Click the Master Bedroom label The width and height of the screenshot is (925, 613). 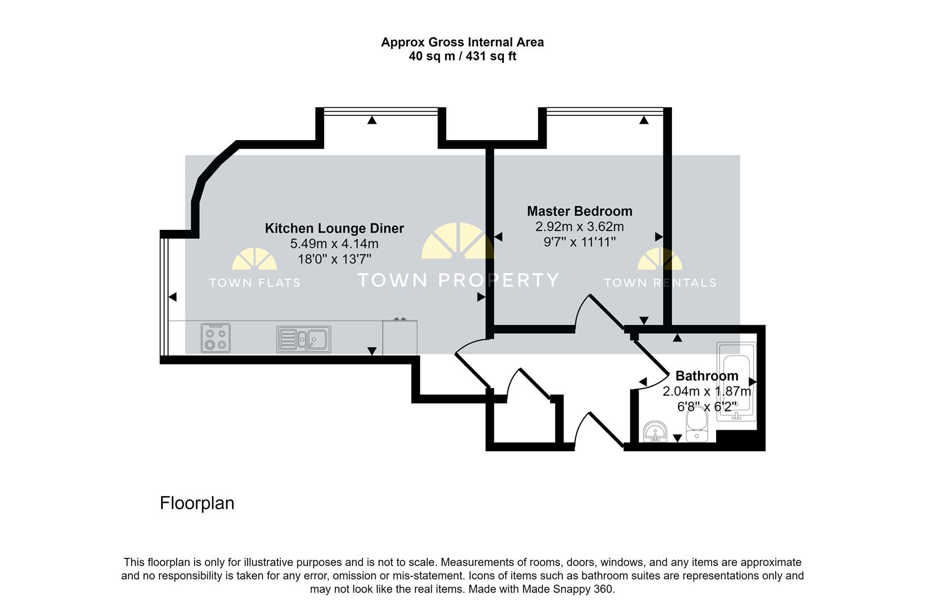click(x=579, y=211)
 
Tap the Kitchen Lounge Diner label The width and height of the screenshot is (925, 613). click(x=334, y=228)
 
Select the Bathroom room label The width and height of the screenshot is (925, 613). click(x=707, y=376)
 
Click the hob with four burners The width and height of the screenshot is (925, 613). click(x=216, y=338)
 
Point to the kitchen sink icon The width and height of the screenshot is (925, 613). click(x=304, y=339)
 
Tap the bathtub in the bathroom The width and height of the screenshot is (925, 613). click(x=737, y=381)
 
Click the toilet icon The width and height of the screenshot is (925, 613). click(x=696, y=426)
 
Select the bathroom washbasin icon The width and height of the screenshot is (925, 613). click(x=657, y=431)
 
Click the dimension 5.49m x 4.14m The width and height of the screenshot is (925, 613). click(x=334, y=244)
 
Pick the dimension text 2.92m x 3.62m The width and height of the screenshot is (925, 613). click(x=579, y=227)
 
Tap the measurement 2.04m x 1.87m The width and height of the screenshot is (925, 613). click(x=707, y=392)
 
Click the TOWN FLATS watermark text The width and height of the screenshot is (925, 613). click(x=254, y=283)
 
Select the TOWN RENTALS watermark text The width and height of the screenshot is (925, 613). click(x=660, y=283)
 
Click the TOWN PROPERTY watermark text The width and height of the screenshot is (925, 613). click(x=458, y=280)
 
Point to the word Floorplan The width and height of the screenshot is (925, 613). click(x=197, y=503)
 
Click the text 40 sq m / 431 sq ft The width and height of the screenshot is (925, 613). click(x=462, y=57)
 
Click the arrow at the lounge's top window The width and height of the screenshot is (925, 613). click(x=372, y=120)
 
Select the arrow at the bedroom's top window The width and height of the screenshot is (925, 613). click(x=644, y=120)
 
